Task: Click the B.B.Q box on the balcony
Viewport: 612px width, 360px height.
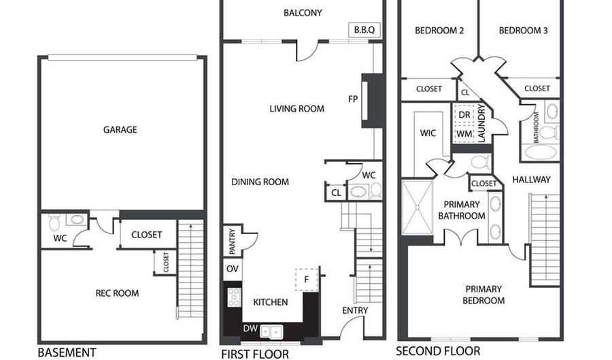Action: (x=364, y=30)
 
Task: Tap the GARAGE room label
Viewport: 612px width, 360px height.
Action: (x=120, y=129)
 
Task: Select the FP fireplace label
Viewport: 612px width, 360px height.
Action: (x=353, y=99)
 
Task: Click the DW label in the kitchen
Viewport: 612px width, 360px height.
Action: (x=251, y=329)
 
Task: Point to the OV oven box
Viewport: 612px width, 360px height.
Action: (x=232, y=269)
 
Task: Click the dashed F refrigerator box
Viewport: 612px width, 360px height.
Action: (x=307, y=278)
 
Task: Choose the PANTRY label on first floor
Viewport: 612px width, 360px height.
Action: (x=232, y=241)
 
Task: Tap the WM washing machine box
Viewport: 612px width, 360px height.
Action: (x=464, y=133)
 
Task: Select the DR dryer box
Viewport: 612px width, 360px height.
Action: (x=464, y=114)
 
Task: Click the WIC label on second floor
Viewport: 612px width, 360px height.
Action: (x=428, y=133)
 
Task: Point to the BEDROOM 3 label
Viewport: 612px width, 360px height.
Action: (x=523, y=31)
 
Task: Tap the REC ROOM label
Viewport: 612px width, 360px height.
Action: (x=117, y=293)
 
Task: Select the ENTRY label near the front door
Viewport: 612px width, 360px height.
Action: (x=355, y=310)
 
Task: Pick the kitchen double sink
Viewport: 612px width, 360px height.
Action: (x=273, y=331)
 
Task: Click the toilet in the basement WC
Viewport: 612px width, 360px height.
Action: (x=54, y=220)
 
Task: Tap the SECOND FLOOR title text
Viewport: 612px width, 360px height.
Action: (x=438, y=351)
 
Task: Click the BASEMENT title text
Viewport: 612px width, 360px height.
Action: (x=67, y=353)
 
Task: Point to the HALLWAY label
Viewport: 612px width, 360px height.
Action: (x=531, y=180)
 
